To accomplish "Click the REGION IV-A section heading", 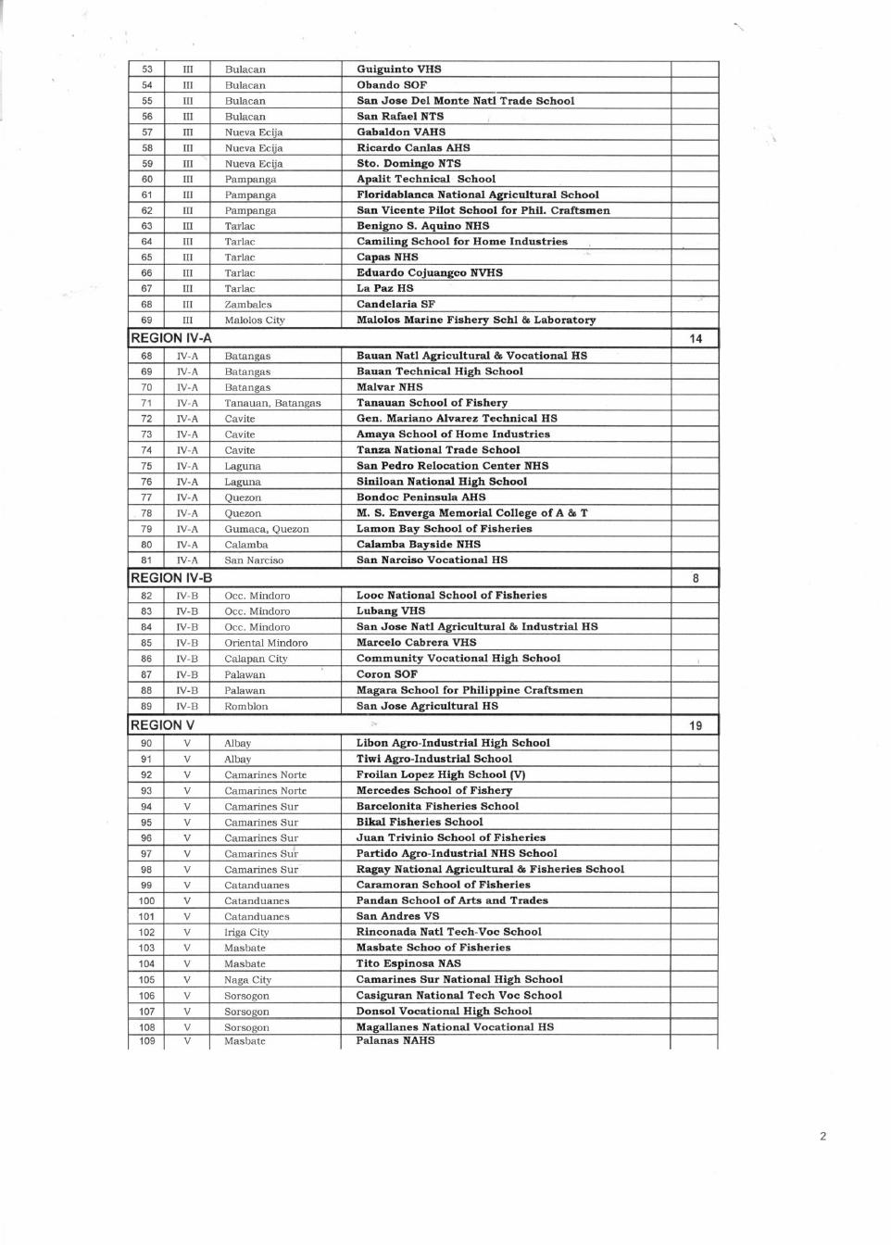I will click(x=171, y=338).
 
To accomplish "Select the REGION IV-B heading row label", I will click(x=171, y=578).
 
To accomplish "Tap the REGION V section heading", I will click(x=163, y=725).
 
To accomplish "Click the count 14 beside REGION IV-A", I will click(x=695, y=339).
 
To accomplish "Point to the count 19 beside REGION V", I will click(x=695, y=726).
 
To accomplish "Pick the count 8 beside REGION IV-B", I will click(x=695, y=579).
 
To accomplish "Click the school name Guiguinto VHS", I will click(x=399, y=69).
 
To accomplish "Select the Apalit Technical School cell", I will click(x=426, y=179).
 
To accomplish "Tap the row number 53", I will click(x=147, y=69).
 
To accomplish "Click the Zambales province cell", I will click(x=248, y=305).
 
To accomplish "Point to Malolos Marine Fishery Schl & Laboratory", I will click(x=476, y=321).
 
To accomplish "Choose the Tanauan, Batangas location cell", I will click(x=272, y=403).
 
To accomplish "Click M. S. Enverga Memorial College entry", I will click(x=472, y=513).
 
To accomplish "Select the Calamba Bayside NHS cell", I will click(x=419, y=545).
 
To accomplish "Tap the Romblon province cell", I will click(x=246, y=707).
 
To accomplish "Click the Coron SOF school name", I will click(x=387, y=674).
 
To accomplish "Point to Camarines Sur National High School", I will click(x=459, y=979).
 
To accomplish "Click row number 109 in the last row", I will click(x=147, y=1041).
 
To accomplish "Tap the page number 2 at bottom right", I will click(x=822, y=1137).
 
